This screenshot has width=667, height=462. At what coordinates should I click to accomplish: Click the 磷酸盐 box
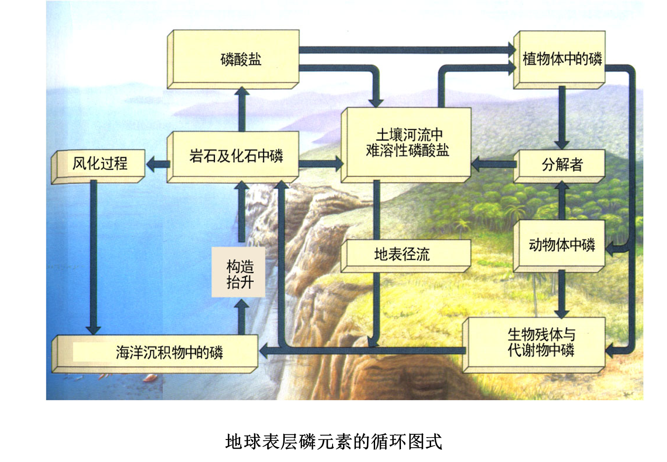coord(233,59)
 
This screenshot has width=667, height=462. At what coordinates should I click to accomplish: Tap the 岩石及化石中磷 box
coord(233,156)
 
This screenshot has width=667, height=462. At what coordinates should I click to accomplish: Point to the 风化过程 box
coord(99,165)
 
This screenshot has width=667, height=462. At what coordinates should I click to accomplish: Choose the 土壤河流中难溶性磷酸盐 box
coord(406,143)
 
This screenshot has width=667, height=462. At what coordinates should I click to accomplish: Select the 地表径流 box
coord(406,254)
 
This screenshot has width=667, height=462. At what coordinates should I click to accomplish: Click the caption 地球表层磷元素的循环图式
coord(333,441)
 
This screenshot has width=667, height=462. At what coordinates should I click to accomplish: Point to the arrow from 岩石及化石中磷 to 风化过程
coord(157,165)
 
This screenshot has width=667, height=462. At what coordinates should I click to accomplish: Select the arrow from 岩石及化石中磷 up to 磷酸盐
coord(242,110)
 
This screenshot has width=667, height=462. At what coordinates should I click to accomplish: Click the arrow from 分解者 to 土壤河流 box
coord(492,165)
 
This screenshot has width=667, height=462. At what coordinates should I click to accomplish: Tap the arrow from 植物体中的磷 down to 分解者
coord(562,118)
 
